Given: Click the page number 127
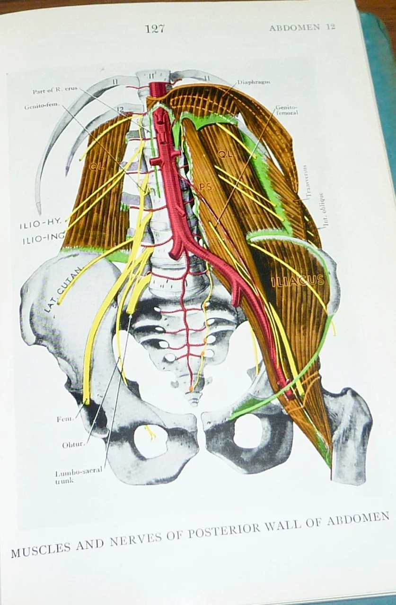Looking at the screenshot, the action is (x=155, y=29).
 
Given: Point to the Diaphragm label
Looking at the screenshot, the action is (x=254, y=82).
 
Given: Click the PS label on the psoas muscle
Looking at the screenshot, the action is (x=205, y=188).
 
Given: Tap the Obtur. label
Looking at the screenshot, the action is (x=73, y=445).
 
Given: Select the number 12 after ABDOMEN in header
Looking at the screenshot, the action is (x=330, y=27).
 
